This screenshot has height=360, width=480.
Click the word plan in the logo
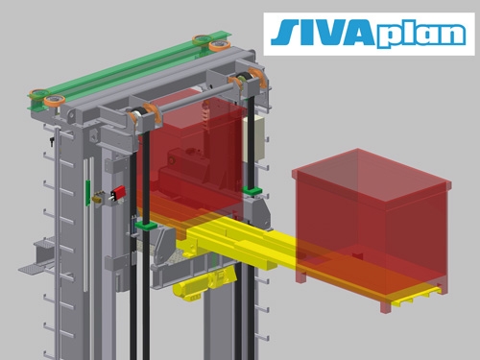coord(420,36)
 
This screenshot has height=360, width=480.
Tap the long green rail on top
coord(128,71)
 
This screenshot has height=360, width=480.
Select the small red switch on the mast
coord(117,193)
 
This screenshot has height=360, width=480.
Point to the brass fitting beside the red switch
coord(98,197)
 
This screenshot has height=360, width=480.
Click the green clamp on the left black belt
coord(146,226)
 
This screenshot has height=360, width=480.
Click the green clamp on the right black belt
coord(252,191)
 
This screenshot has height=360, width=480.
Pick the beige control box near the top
coord(253,138)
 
